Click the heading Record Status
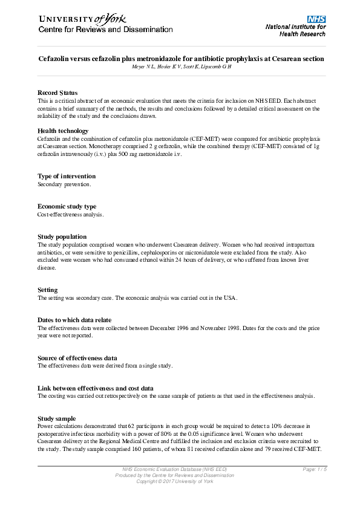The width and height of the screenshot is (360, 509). click(57, 92)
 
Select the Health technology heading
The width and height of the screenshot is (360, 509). click(63, 131)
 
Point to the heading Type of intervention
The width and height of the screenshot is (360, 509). click(67, 176)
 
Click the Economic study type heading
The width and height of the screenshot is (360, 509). click(67, 206)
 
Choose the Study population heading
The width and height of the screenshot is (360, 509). click(62, 236)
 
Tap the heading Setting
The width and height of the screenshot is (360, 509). click(48, 290)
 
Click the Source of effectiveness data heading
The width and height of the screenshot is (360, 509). click(77, 358)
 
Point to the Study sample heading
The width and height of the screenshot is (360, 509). click(57, 418)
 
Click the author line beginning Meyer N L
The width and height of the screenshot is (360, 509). click(182, 66)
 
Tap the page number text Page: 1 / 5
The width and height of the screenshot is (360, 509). click(315, 470)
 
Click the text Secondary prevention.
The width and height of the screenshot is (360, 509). click(64, 184)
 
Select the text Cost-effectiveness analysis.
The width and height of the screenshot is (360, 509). click(71, 214)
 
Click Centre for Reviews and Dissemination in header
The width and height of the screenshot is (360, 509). click(106, 30)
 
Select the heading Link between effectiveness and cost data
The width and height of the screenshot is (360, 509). click(96, 388)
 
